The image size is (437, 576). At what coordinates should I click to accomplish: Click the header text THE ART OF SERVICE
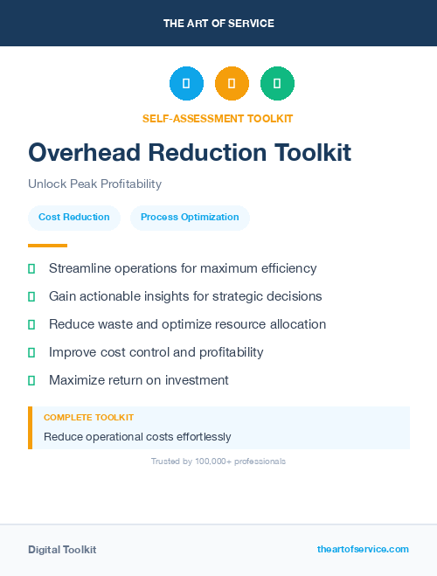218,23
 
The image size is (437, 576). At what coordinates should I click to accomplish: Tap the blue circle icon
186,84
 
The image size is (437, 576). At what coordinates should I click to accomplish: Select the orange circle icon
232,84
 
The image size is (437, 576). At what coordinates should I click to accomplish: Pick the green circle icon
277,84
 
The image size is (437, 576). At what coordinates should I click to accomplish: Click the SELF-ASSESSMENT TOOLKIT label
218,118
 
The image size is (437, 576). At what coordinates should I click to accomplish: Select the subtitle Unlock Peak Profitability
94,184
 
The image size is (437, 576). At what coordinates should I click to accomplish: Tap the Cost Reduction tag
74,218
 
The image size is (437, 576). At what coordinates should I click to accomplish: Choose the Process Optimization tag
190,218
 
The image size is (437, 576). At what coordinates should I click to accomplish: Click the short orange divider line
47,246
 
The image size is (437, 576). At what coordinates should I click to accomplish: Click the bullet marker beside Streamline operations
31,268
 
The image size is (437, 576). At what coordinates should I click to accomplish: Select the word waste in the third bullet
121,324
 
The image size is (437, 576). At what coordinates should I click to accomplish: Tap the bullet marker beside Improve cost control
31,352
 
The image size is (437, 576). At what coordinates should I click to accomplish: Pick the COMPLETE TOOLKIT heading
88,418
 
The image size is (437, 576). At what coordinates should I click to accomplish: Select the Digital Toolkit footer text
62,550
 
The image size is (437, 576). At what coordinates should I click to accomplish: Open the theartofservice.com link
363,549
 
